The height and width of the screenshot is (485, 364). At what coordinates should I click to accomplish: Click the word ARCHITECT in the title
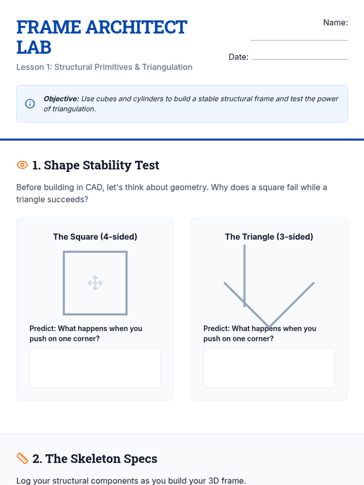pos(136,27)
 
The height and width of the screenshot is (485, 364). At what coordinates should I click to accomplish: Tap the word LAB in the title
pos(34,47)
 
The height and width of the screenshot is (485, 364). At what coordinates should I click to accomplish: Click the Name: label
pos(335,22)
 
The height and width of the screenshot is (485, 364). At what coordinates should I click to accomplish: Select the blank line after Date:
pos(299,59)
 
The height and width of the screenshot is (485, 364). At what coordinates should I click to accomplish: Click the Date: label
pos(238,57)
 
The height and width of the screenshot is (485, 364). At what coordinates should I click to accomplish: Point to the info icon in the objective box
pos(30,104)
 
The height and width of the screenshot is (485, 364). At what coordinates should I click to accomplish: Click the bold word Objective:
pos(61,99)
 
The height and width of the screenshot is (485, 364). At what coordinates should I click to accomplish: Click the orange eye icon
pos(22,165)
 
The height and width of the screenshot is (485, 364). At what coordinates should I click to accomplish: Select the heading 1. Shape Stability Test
pos(96,165)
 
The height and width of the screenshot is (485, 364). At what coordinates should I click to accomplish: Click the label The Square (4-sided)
pos(95,237)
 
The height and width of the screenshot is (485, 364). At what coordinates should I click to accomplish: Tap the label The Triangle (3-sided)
pos(269,237)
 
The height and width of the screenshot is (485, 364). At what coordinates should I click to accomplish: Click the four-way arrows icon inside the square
pos(95,283)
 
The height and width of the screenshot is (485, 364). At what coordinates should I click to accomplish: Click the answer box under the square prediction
pos(95,368)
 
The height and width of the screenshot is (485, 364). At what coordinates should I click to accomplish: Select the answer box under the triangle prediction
pos(269,368)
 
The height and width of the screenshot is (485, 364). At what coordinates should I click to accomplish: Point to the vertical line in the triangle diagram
pos(244,276)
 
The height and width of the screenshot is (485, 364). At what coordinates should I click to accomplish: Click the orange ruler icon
pos(22,459)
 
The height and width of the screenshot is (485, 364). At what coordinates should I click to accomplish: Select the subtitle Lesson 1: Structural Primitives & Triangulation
pos(104,67)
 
